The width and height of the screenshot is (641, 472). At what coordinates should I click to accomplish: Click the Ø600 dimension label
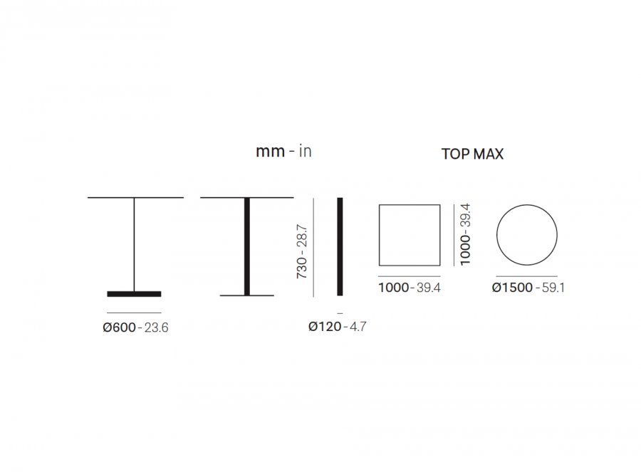point(120,327)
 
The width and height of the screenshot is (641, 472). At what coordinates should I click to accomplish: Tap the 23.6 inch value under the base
point(156,327)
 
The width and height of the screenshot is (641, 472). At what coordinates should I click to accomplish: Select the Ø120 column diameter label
point(325,327)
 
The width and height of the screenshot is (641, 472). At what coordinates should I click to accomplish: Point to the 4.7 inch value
point(358,327)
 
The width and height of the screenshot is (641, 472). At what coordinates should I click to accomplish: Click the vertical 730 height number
point(302,268)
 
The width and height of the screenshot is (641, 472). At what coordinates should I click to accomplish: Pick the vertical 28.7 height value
point(302,236)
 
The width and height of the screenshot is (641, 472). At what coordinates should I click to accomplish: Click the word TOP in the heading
point(455,154)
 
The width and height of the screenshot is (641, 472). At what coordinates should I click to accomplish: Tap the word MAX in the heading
point(488,154)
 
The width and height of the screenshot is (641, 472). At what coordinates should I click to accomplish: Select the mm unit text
point(270,152)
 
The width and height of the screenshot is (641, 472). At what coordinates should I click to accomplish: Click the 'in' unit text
point(306,151)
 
